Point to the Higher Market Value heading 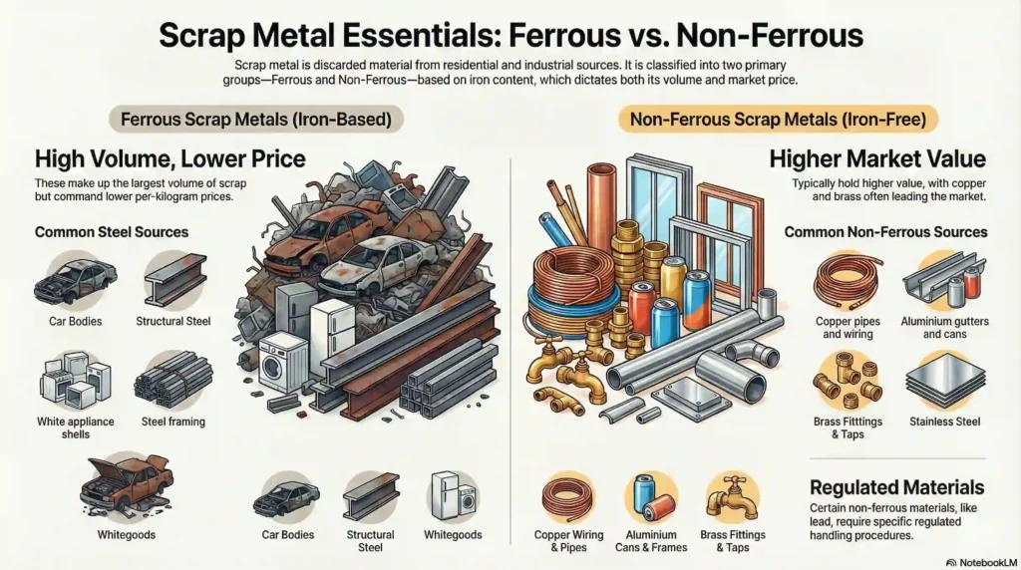coord(877,159)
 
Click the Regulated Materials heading coord(896,487)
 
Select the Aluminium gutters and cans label coord(941,328)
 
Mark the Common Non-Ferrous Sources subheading coord(885,232)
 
